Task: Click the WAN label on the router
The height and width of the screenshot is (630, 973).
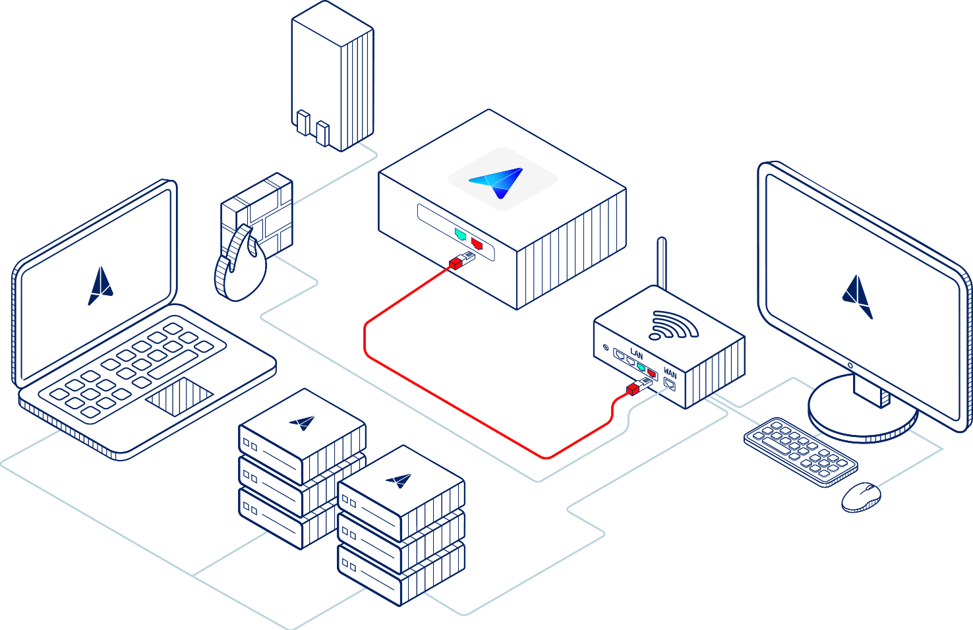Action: coord(670,374)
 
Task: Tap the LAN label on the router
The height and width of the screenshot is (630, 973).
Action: coord(636,354)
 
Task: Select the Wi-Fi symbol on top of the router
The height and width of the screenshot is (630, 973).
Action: coord(672,325)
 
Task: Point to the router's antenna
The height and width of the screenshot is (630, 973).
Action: coord(662,264)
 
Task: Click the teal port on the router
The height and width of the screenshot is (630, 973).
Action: coord(641,366)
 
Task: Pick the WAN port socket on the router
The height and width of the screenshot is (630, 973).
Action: coord(670,385)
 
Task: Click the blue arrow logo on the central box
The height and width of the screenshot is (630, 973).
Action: coord(498,181)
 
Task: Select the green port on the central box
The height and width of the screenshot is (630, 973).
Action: coord(460,234)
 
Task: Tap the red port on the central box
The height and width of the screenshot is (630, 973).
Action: coord(477,244)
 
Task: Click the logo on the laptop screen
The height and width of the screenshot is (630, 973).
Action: coord(100,287)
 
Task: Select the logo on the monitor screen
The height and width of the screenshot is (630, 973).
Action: coord(857,297)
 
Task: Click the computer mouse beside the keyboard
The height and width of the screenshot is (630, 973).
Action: coord(861,497)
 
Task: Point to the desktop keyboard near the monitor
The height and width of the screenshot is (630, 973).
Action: coord(800,452)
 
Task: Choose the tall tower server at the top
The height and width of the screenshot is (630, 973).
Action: coord(333,76)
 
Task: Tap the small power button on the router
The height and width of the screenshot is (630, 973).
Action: coord(606,347)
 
